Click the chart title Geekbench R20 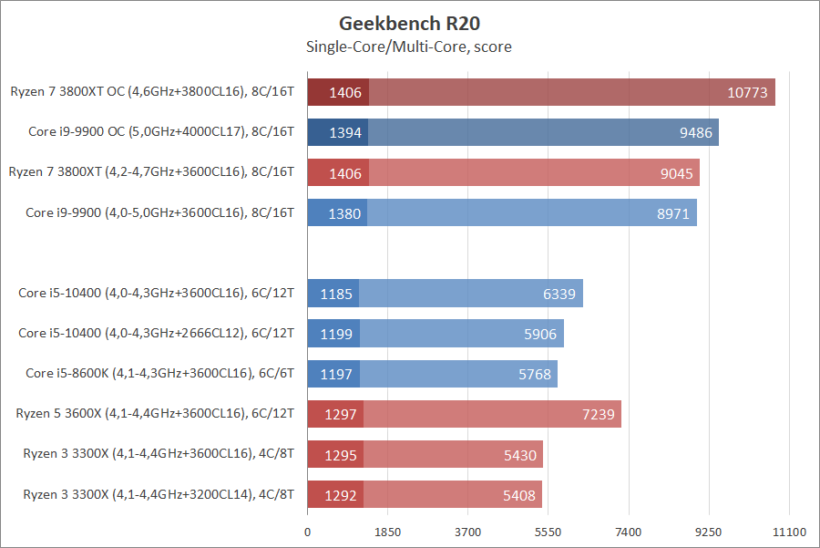pyautogui.click(x=409, y=23)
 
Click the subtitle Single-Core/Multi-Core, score pyautogui.click(x=409, y=47)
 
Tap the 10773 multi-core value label pyautogui.click(x=748, y=92)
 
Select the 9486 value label pyautogui.click(x=696, y=133)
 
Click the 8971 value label pyautogui.click(x=674, y=214)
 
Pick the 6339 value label pyautogui.click(x=559, y=294)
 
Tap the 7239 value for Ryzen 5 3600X pyautogui.click(x=599, y=415)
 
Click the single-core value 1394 pyautogui.click(x=345, y=133)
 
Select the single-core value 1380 pyautogui.click(x=345, y=214)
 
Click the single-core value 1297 pyautogui.click(x=339, y=415)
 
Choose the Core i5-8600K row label pyautogui.click(x=159, y=374)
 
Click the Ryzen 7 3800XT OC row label pyautogui.click(x=152, y=91)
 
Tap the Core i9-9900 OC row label pyautogui.click(x=161, y=132)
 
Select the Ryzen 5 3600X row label pyautogui.click(x=155, y=414)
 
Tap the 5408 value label pyautogui.click(x=519, y=495)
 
